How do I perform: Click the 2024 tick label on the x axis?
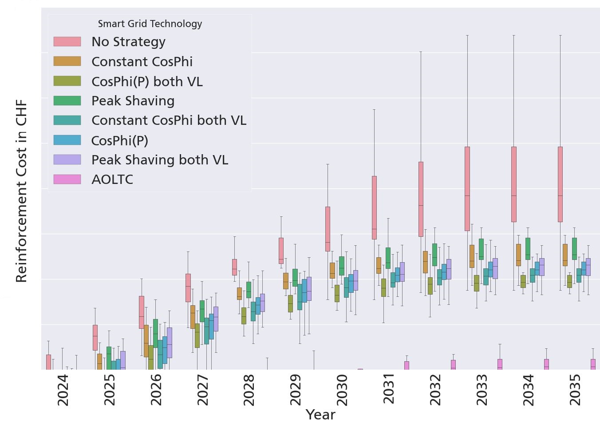pos(63,390)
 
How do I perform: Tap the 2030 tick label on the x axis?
pos(342,390)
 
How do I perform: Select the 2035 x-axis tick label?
pos(575,390)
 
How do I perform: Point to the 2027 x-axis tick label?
pos(202,390)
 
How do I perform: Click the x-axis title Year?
pos(320,414)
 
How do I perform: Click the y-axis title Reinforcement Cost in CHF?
pos(21,191)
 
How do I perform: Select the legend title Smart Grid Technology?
pos(150,24)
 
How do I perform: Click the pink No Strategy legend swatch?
pos(67,42)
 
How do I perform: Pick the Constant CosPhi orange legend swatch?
pos(67,61)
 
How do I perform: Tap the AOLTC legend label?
pos(112,180)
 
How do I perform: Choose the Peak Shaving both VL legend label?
pos(160,160)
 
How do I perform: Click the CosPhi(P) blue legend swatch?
pos(67,140)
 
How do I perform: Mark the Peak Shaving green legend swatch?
pos(67,101)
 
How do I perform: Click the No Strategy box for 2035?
pos(560,184)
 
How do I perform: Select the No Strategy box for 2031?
pos(374,208)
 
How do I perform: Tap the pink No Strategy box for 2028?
pos(234,267)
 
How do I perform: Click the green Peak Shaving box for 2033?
pos(481,249)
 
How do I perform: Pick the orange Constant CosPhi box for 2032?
pos(425,262)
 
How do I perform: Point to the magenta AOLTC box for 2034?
pos(546,364)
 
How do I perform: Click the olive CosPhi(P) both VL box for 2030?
pos(337,293)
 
